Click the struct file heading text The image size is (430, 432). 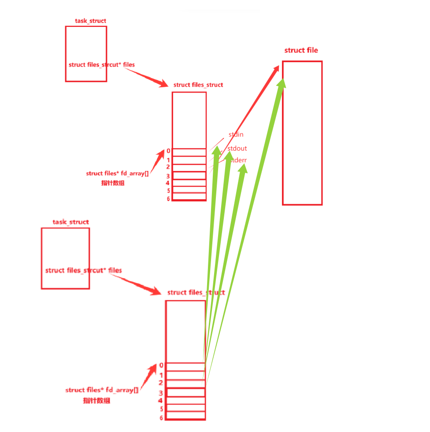tap(301, 50)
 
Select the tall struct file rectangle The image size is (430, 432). tap(302, 133)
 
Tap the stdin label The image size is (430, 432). tap(236, 134)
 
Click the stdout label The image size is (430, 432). tap(237, 149)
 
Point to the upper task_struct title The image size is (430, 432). tap(90, 21)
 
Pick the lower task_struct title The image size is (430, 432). tap(70, 222)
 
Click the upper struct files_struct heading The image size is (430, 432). tap(198, 85)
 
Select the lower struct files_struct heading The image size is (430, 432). tap(196, 292)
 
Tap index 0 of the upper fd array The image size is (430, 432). tap(168, 151)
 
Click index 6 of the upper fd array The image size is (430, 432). tap(168, 199)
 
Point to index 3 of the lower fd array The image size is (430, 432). tap(161, 393)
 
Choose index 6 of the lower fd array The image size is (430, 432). tap(161, 417)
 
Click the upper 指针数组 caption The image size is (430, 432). tap(113, 183)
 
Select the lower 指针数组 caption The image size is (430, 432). tap(96, 400)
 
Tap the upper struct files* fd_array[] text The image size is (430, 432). tap(117, 174)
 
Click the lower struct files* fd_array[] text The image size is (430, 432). tap(102, 390)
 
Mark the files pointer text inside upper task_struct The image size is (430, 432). tap(102, 65)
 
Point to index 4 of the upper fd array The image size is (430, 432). tap(168, 182)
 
